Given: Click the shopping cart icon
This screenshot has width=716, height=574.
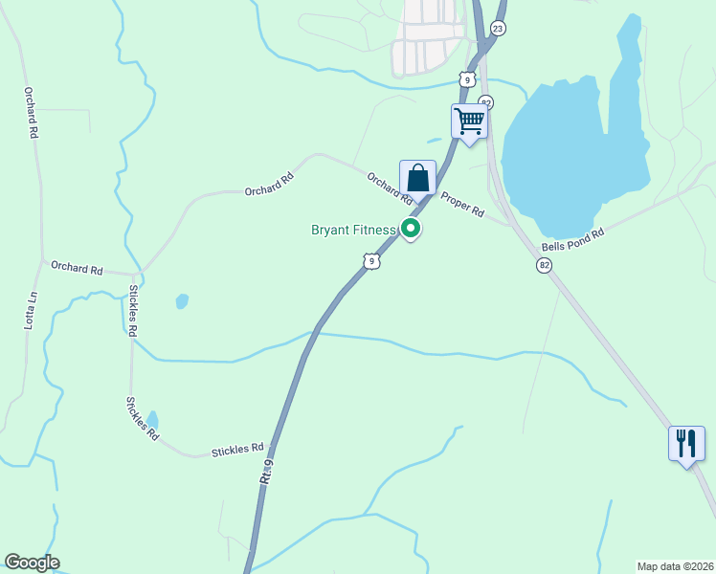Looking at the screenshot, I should click(x=469, y=121).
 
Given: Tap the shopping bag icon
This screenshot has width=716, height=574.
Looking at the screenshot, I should click(x=417, y=178).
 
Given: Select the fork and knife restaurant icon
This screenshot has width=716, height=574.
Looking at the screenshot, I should click(x=686, y=444).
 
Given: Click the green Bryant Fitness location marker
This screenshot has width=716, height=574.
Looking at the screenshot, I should click(x=411, y=228).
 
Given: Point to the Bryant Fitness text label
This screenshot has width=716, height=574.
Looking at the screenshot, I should click(x=353, y=230).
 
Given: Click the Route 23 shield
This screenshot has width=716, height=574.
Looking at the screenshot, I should click(x=497, y=29).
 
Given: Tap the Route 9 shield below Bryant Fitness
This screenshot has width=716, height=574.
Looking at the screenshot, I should click(x=371, y=260).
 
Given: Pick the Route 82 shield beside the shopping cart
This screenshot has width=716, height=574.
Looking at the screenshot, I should click(x=486, y=102).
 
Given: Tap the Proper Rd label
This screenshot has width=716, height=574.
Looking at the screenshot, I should click(x=462, y=204).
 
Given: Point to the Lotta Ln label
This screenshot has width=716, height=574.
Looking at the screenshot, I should click(x=30, y=310).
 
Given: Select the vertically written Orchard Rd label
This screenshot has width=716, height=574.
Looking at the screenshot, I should click(x=31, y=114).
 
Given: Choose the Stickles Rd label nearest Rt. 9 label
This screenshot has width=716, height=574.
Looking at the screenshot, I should click(x=237, y=448).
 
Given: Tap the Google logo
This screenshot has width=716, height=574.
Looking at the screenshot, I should click(x=32, y=563).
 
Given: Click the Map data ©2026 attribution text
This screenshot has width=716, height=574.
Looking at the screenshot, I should click(x=675, y=565).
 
